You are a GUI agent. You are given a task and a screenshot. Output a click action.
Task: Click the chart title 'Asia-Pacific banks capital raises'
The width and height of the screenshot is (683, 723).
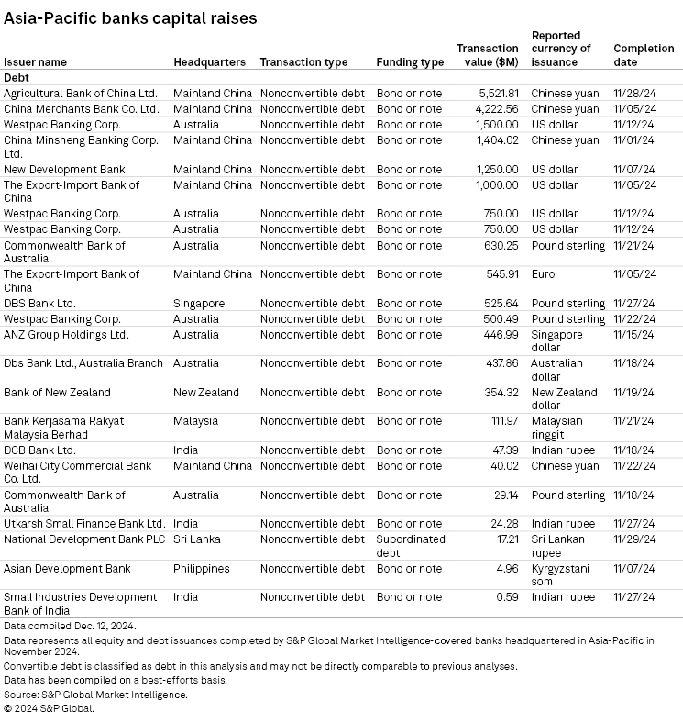tap(130, 17)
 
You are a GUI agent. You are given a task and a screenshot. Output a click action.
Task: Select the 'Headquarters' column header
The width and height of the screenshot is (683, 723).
tap(209, 62)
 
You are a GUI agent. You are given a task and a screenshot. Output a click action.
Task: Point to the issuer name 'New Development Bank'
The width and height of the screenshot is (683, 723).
tap(64, 170)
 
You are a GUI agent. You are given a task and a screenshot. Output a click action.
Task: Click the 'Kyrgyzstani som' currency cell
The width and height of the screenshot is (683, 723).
tap(560, 574)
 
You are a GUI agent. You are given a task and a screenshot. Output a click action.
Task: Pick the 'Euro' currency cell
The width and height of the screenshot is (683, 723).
tap(543, 274)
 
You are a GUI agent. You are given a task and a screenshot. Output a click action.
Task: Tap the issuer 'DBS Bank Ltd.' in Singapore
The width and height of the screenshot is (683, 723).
tap(39, 304)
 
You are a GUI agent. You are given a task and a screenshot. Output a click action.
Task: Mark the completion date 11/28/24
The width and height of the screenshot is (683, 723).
tap(633, 93)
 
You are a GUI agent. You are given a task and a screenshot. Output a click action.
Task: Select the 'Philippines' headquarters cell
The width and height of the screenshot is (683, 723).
tap(202, 569)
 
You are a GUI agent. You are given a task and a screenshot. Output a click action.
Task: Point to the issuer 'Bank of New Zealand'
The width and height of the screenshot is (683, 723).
tap(57, 393)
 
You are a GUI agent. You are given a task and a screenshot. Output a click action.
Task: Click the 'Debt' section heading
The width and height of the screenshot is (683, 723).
tap(17, 78)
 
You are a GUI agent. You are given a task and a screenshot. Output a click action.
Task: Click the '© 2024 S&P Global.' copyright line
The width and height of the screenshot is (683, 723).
tap(49, 707)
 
